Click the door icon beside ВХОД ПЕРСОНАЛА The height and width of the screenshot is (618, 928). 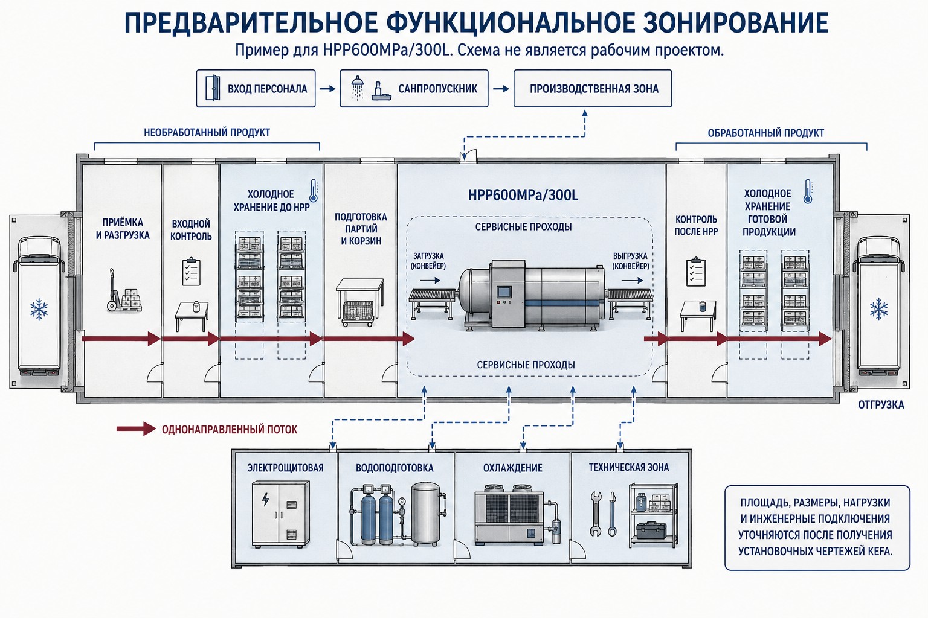(213, 88)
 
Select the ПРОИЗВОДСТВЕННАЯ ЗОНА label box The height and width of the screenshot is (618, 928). (593, 89)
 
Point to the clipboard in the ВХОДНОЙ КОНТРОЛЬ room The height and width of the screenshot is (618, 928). (191, 272)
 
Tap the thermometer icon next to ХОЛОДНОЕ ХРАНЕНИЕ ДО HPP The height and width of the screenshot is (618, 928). (314, 190)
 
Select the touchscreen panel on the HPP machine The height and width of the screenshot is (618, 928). (504, 291)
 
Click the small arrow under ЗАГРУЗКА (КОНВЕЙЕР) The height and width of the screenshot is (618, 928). (433, 281)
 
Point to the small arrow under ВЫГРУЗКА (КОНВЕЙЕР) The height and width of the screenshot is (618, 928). (632, 281)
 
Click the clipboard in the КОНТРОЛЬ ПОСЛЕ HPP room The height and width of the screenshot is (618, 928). (696, 272)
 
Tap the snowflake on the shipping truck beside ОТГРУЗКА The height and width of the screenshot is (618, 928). (878, 309)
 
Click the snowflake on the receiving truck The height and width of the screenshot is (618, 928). (39, 309)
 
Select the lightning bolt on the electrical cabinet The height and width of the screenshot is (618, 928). (266, 500)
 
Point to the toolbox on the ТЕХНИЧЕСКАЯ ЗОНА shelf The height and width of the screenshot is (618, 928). (652, 530)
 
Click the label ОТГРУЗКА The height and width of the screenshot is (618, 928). (881, 404)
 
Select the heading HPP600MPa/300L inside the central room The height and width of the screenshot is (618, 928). (523, 195)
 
